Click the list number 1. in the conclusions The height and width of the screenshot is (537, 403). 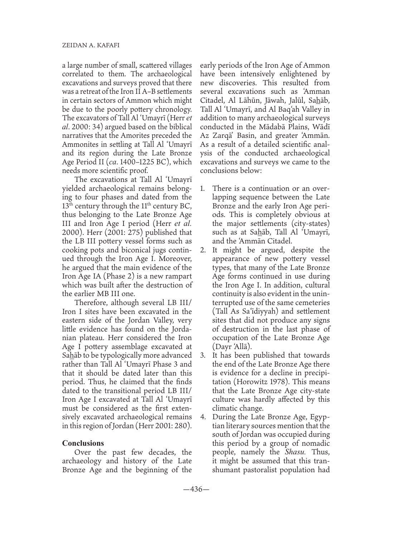pos(203,189)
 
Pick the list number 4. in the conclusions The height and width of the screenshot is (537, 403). pos(203,417)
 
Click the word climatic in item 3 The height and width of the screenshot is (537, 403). pos(228,408)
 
